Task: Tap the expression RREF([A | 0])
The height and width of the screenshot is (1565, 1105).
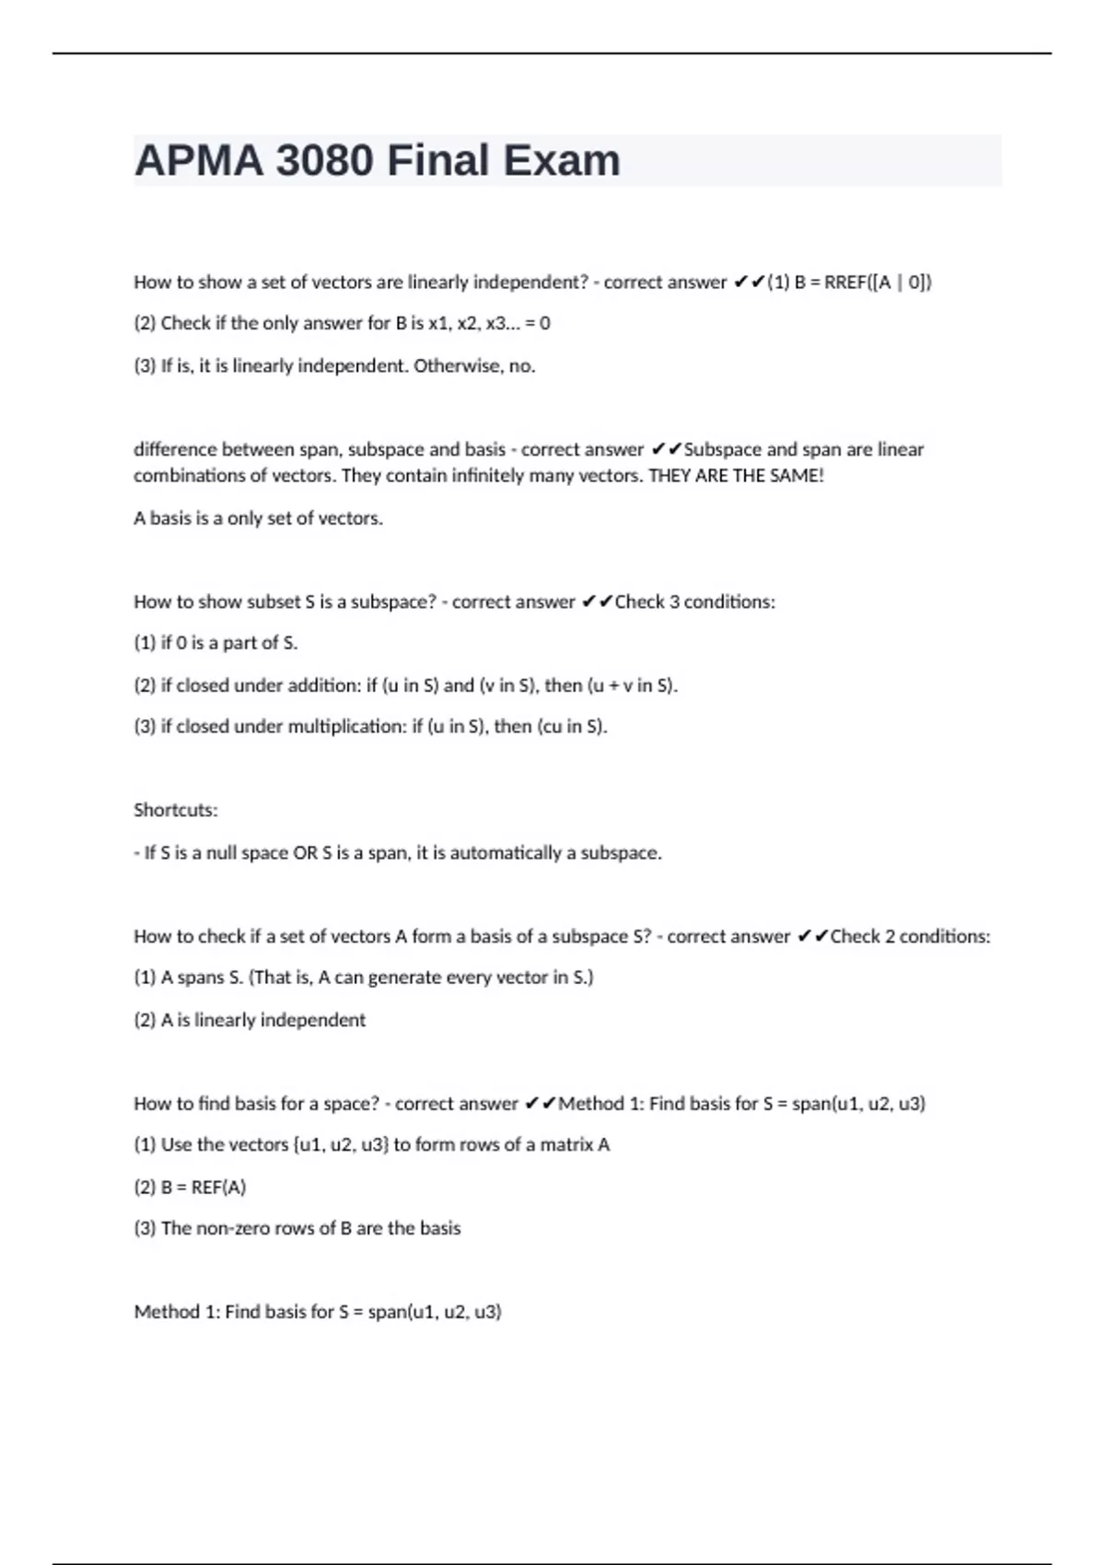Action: click(878, 283)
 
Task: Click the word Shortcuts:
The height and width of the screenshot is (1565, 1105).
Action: click(176, 810)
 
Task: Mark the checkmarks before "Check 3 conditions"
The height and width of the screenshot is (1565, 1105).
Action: click(598, 602)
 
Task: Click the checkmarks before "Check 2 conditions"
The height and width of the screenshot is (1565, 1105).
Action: click(813, 936)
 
